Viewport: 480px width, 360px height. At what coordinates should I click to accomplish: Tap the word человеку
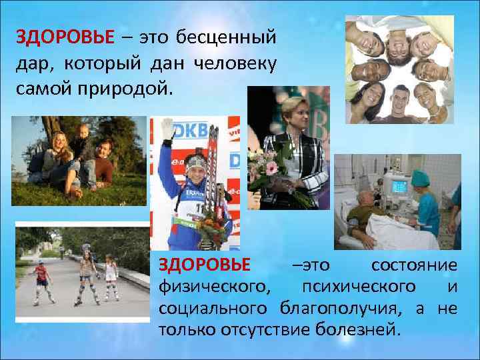(243, 63)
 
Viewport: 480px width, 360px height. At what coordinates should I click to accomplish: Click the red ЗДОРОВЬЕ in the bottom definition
(205, 265)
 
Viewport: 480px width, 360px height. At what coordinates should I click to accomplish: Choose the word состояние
(414, 265)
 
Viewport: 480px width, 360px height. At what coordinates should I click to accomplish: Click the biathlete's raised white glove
(167, 128)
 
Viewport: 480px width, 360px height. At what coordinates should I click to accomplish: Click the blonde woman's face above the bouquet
(296, 113)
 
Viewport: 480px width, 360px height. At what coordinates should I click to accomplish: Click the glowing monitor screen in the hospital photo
(399, 185)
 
